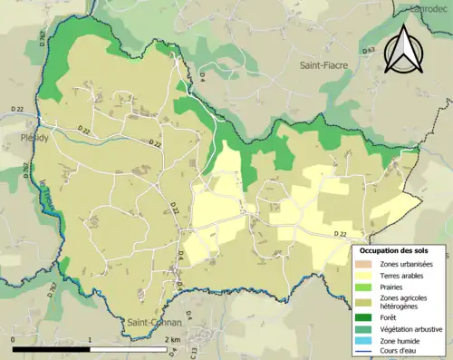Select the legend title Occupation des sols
[x=395, y=250]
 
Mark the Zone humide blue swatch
[x=367, y=342]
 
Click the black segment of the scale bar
[x=53, y=348]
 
